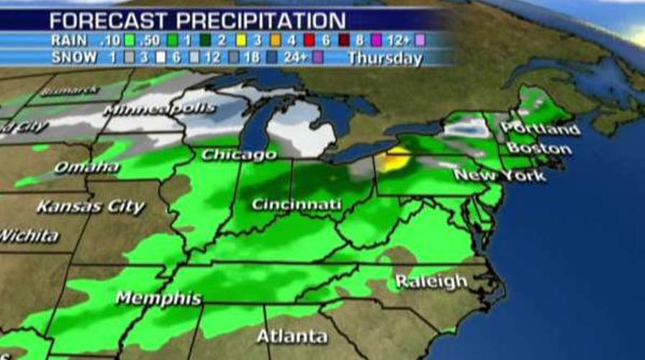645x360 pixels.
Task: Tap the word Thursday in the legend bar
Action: (x=384, y=58)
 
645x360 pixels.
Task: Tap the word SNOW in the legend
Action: (x=73, y=58)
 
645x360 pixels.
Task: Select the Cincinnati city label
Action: (x=296, y=204)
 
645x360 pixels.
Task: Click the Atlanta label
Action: (x=292, y=336)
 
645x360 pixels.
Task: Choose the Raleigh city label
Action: (x=431, y=281)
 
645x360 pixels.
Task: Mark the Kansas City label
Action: (x=91, y=207)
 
